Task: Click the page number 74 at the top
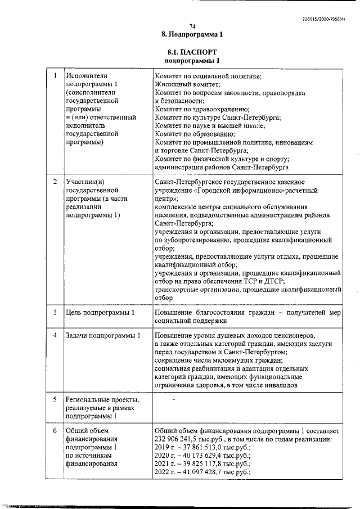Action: pyautogui.click(x=192, y=26)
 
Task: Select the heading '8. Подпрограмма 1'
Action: pyautogui.click(x=192, y=34)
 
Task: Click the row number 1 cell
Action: pyautogui.click(x=55, y=75)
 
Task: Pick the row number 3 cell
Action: pyautogui.click(x=55, y=312)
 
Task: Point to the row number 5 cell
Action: pyautogui.click(x=55, y=400)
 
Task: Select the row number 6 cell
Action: pyautogui.click(x=55, y=431)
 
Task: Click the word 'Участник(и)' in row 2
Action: pyautogui.click(x=85, y=182)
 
